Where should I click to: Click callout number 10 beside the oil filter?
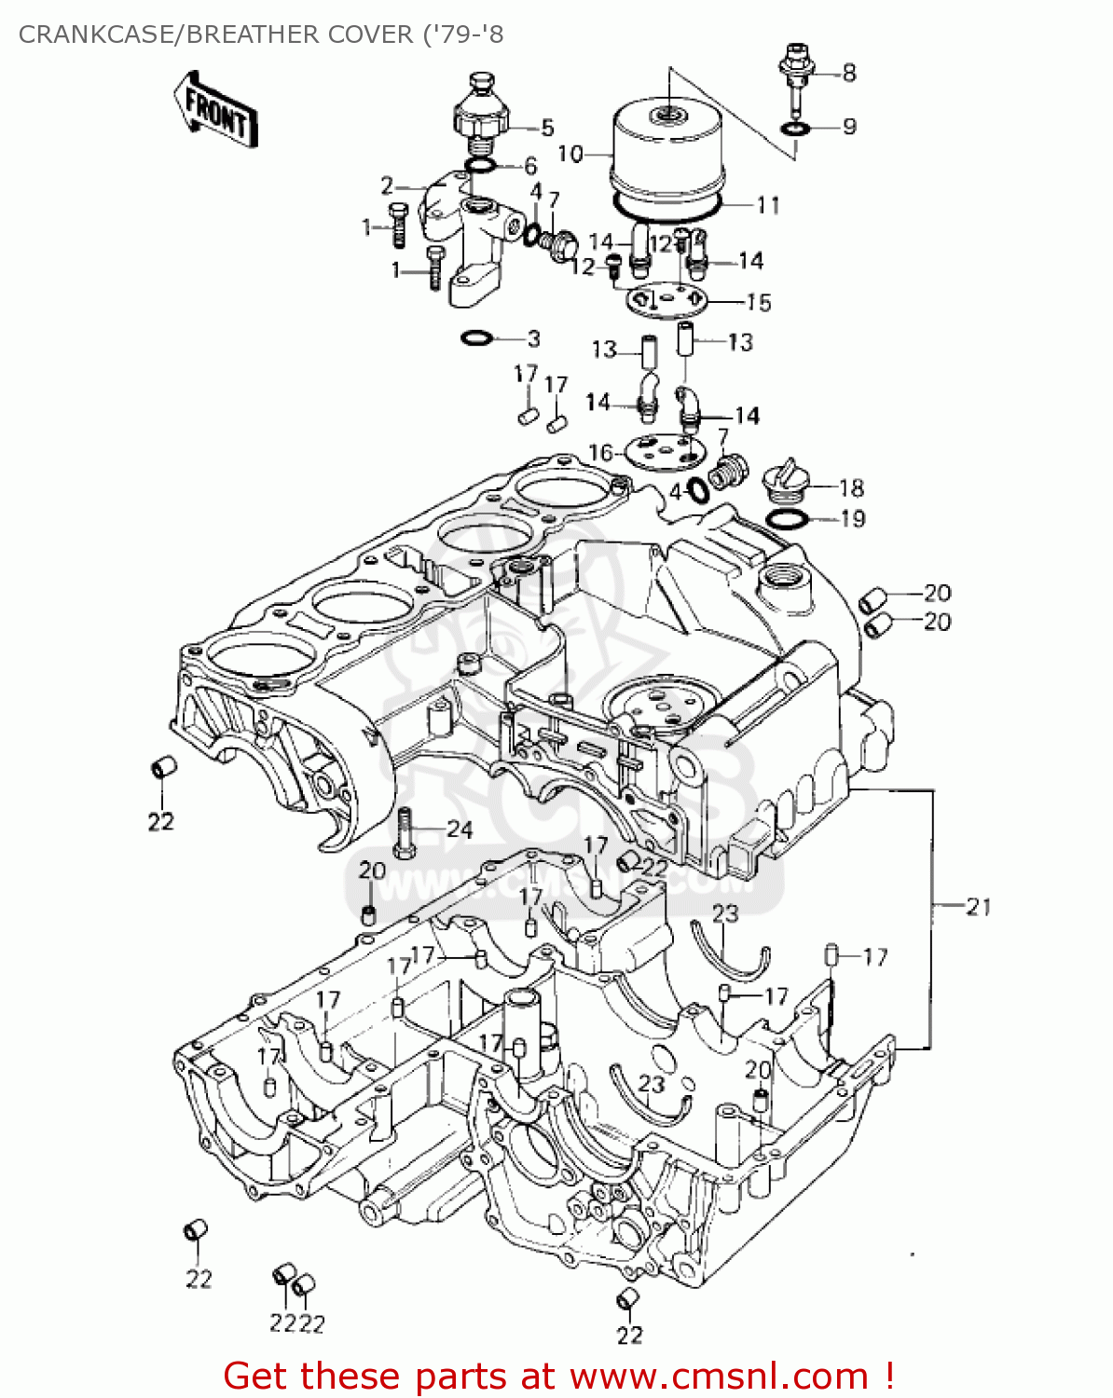[x=570, y=154]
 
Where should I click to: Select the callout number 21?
[x=978, y=906]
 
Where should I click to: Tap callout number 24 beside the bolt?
[x=460, y=829]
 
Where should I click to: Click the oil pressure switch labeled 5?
[x=479, y=116]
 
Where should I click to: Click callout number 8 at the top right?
[x=848, y=72]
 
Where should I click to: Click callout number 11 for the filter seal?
[x=768, y=204]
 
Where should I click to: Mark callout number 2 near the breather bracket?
[x=387, y=185]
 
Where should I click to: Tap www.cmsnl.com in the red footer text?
[x=719, y=1376]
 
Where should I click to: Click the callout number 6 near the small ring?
[x=529, y=166]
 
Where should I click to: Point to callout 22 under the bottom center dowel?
[x=629, y=1335]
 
